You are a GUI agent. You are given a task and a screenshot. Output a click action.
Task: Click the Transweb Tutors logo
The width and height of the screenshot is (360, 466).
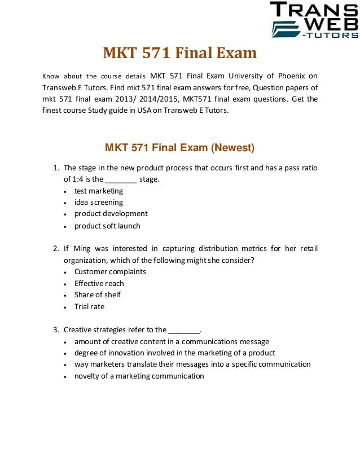click(314, 20)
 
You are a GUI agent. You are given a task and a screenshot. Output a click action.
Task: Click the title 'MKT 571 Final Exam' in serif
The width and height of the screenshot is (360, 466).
click(179, 54)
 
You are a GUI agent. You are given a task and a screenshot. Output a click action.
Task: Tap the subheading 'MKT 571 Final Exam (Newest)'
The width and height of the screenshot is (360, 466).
click(179, 148)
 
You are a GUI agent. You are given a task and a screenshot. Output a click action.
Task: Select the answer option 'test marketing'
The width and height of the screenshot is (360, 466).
click(98, 191)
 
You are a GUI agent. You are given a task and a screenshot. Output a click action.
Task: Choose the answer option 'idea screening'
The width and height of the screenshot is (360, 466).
click(98, 202)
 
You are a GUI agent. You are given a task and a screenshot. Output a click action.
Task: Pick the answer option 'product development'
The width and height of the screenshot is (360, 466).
click(111, 214)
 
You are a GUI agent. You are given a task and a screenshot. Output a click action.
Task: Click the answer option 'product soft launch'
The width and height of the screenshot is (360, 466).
click(107, 226)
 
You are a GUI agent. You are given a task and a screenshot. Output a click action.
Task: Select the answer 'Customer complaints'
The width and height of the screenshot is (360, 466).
click(110, 271)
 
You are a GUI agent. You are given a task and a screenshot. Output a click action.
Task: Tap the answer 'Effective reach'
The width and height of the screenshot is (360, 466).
click(99, 283)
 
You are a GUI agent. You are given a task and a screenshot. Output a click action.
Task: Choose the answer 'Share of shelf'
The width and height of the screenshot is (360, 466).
click(97, 294)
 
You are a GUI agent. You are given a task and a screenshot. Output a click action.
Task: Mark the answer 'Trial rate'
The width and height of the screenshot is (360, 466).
click(89, 306)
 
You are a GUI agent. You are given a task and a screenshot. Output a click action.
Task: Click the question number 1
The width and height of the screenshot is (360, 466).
click(55, 168)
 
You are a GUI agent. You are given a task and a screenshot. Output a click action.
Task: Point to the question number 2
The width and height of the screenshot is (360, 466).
click(55, 248)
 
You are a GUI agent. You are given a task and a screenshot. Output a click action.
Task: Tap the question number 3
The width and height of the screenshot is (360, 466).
click(55, 329)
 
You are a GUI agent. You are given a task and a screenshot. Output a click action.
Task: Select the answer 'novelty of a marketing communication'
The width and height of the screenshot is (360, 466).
click(139, 376)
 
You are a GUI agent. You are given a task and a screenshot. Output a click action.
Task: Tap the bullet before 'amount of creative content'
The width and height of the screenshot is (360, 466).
click(67, 342)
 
